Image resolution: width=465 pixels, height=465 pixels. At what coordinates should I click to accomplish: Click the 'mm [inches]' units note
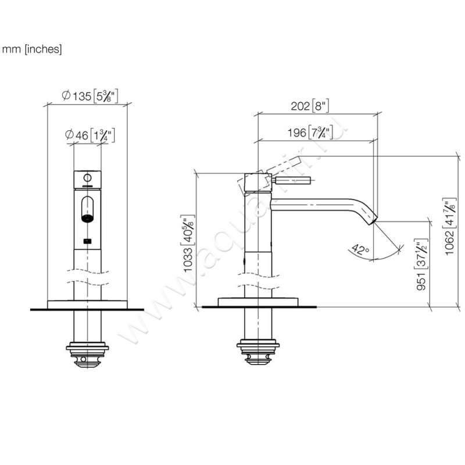(x=31, y=49)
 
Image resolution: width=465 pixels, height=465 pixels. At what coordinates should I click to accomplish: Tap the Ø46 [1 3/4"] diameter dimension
(x=89, y=135)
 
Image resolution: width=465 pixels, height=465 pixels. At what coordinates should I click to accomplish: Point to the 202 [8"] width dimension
(x=309, y=106)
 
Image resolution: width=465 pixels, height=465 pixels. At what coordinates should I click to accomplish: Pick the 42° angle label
(x=360, y=251)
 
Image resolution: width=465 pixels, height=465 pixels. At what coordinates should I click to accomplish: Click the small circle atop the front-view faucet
(x=88, y=177)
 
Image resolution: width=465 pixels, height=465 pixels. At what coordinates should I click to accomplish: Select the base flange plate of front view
(x=87, y=303)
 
